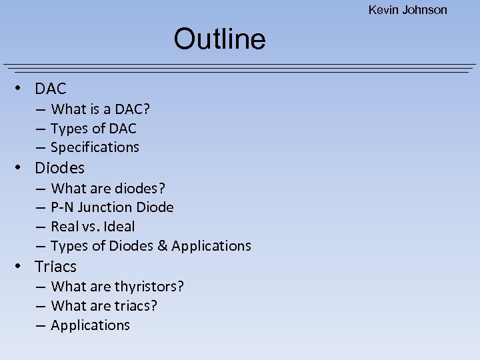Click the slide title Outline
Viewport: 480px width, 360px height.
click(219, 39)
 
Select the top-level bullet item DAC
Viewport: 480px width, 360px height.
click(51, 89)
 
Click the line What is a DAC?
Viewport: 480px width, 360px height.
click(100, 109)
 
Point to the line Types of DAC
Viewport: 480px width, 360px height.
click(93, 128)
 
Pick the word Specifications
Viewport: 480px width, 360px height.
click(95, 147)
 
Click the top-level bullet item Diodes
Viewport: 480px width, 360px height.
click(59, 168)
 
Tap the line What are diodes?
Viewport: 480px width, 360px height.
click(108, 188)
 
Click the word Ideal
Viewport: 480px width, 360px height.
click(120, 227)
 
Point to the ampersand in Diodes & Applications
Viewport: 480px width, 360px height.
click(163, 246)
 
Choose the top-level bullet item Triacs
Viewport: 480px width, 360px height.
click(55, 267)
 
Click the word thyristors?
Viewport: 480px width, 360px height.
click(149, 287)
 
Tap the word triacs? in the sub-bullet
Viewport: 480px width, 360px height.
click(136, 306)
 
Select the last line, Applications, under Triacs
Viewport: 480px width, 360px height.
click(90, 325)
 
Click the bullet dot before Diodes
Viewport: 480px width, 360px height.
click(21, 168)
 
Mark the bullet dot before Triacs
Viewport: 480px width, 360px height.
click(21, 267)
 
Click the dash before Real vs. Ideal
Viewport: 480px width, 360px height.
click(41, 227)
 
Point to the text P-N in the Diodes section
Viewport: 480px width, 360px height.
click(62, 207)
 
